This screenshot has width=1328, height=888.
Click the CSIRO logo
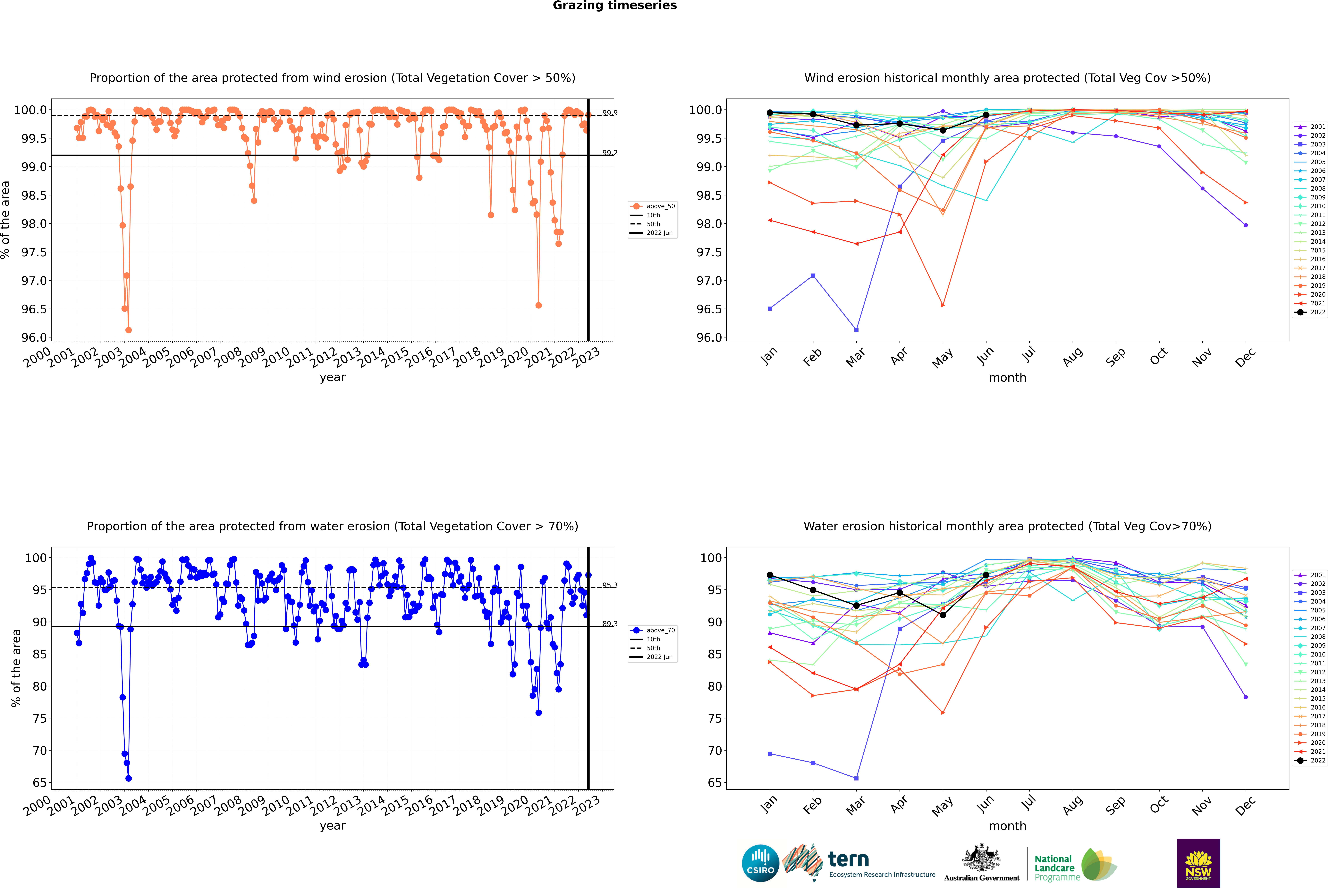pyautogui.click(x=760, y=863)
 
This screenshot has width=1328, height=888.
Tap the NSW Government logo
pyautogui.click(x=1198, y=863)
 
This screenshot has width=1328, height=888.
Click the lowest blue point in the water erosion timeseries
pyautogui.click(x=129, y=778)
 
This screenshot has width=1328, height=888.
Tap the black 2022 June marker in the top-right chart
pyautogui.click(x=986, y=115)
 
